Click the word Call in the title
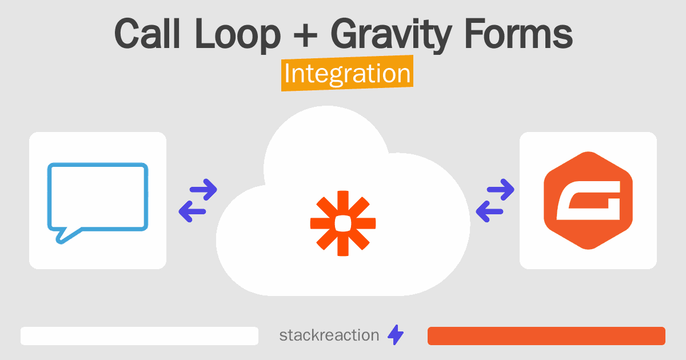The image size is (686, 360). [x=147, y=33]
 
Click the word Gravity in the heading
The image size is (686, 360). [x=391, y=36]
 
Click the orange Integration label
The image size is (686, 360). [x=348, y=73]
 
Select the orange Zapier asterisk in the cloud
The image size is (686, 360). [x=343, y=223]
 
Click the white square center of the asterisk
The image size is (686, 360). [x=343, y=223]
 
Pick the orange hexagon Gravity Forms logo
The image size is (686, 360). [x=588, y=201]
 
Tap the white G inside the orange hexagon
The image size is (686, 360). [x=588, y=201]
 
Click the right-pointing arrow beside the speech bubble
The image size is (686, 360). [x=204, y=190]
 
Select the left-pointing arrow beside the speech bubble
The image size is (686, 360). [x=192, y=211]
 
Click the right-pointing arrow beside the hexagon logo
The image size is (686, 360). [x=500, y=190]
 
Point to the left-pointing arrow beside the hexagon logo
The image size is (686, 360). [x=489, y=211]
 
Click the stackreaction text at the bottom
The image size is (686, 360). [x=329, y=335]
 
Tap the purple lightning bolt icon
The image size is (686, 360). [x=396, y=335]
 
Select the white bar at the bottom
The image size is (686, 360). [x=139, y=336]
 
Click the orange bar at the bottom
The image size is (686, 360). [x=547, y=336]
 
